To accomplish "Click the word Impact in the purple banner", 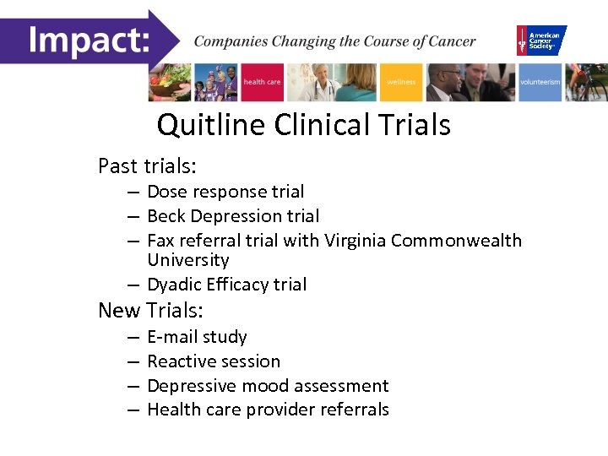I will [89, 39].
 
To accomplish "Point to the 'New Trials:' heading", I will [151, 310].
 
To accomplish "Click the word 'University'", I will [187, 260].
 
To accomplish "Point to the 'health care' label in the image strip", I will [262, 82].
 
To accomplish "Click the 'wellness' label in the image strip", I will [401, 82].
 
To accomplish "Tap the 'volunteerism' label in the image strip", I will [540, 82].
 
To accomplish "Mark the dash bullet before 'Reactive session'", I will [133, 361].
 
